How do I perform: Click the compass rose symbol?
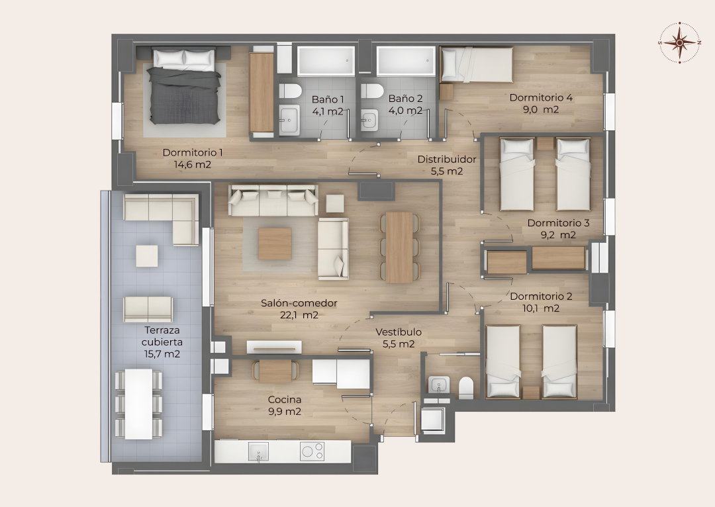pyautogui.click(x=679, y=42)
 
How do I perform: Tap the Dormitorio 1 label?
pyautogui.click(x=193, y=153)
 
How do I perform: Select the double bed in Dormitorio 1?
pyautogui.click(x=185, y=86)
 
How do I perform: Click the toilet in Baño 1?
pyautogui.click(x=289, y=91)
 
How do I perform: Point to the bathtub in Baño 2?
pyautogui.click(x=406, y=60)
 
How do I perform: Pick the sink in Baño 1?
pyautogui.click(x=289, y=119)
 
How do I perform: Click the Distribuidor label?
pyautogui.click(x=447, y=160)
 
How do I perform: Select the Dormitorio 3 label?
pyautogui.click(x=558, y=223)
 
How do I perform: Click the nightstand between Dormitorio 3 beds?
pyautogui.click(x=545, y=144)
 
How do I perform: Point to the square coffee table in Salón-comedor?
pyautogui.click(x=275, y=244)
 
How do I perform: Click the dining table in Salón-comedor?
pyautogui.click(x=399, y=247)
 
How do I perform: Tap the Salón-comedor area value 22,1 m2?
pyautogui.click(x=299, y=314)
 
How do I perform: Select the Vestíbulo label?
pyautogui.click(x=399, y=332)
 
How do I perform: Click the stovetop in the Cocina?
pyautogui.click(x=312, y=451)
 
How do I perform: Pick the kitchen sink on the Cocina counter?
pyautogui.click(x=258, y=451)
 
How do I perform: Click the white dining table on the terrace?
pyautogui.click(x=138, y=404)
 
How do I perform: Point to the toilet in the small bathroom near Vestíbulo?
pyautogui.click(x=466, y=388)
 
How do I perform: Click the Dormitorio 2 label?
pyautogui.click(x=541, y=297)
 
